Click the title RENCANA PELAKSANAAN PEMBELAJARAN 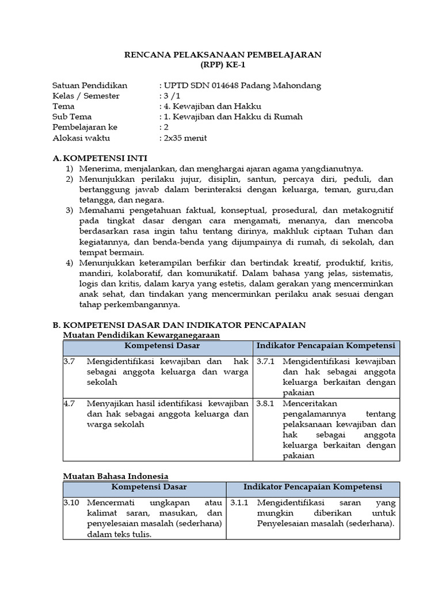223,55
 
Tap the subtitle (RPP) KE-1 223,65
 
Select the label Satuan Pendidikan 89,86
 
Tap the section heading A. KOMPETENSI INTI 100,158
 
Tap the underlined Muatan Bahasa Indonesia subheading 115,476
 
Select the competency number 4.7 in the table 69,403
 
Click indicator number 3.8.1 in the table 266,403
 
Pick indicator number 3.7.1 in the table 266,361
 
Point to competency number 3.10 71,502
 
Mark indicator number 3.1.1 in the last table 239,502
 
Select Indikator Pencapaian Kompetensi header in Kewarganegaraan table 326,346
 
